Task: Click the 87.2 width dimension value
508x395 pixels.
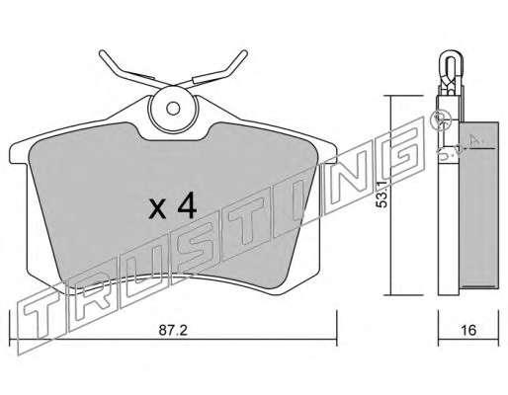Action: coord(173,330)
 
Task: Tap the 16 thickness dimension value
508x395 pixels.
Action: coord(468,330)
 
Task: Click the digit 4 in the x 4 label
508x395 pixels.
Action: coord(187,206)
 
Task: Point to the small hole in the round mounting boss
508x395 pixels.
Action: coord(173,109)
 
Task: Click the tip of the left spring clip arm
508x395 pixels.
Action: coord(102,53)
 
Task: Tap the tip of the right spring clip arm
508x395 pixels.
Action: coord(244,53)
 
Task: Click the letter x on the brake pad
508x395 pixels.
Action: coord(157,210)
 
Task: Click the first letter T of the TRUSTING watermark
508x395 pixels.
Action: coord(42,316)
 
